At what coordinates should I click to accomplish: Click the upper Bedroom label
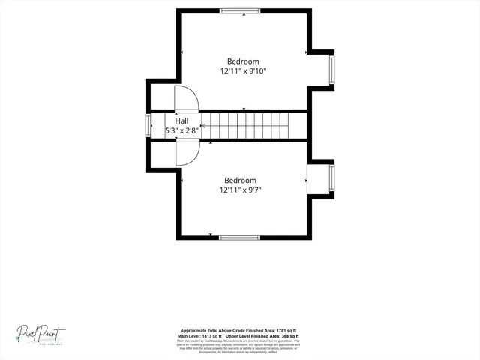[243, 61]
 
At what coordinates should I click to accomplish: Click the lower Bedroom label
[240, 181]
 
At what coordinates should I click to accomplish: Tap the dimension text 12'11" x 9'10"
[243, 72]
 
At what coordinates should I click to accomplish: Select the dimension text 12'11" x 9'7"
[240, 191]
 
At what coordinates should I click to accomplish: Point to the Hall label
[182, 120]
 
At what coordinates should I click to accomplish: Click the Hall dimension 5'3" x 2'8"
[181, 130]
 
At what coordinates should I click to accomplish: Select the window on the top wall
[240, 10]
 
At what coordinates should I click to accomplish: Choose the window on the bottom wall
[240, 238]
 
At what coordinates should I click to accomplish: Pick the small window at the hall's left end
[148, 125]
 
